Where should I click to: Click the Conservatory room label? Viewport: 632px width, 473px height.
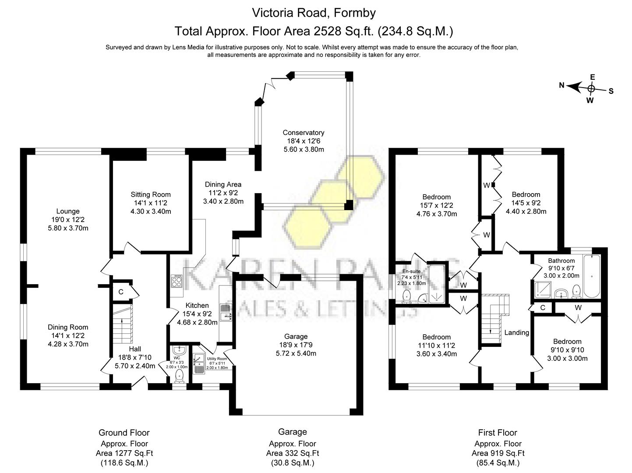click(x=303, y=133)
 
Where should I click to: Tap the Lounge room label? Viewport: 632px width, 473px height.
click(x=68, y=211)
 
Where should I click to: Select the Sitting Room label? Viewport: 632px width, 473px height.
click(x=151, y=194)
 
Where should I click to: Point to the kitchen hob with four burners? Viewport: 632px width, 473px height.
click(x=177, y=281)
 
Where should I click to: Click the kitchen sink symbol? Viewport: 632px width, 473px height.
click(x=226, y=312)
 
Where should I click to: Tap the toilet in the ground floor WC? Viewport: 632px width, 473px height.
click(x=179, y=375)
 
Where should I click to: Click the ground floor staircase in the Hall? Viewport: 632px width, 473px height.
click(x=122, y=324)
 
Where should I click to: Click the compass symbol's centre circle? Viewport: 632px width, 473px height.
click(x=591, y=88)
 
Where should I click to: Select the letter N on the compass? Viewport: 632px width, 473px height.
click(x=561, y=85)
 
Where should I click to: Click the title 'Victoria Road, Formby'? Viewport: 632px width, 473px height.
click(x=314, y=13)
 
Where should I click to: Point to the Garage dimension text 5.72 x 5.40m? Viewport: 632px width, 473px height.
click(x=296, y=353)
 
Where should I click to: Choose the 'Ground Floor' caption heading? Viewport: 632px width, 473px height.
click(x=124, y=433)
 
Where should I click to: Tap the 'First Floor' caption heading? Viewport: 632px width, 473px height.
click(x=498, y=433)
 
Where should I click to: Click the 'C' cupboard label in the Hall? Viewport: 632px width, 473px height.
click(x=121, y=292)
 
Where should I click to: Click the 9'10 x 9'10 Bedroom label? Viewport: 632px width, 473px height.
click(x=567, y=342)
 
